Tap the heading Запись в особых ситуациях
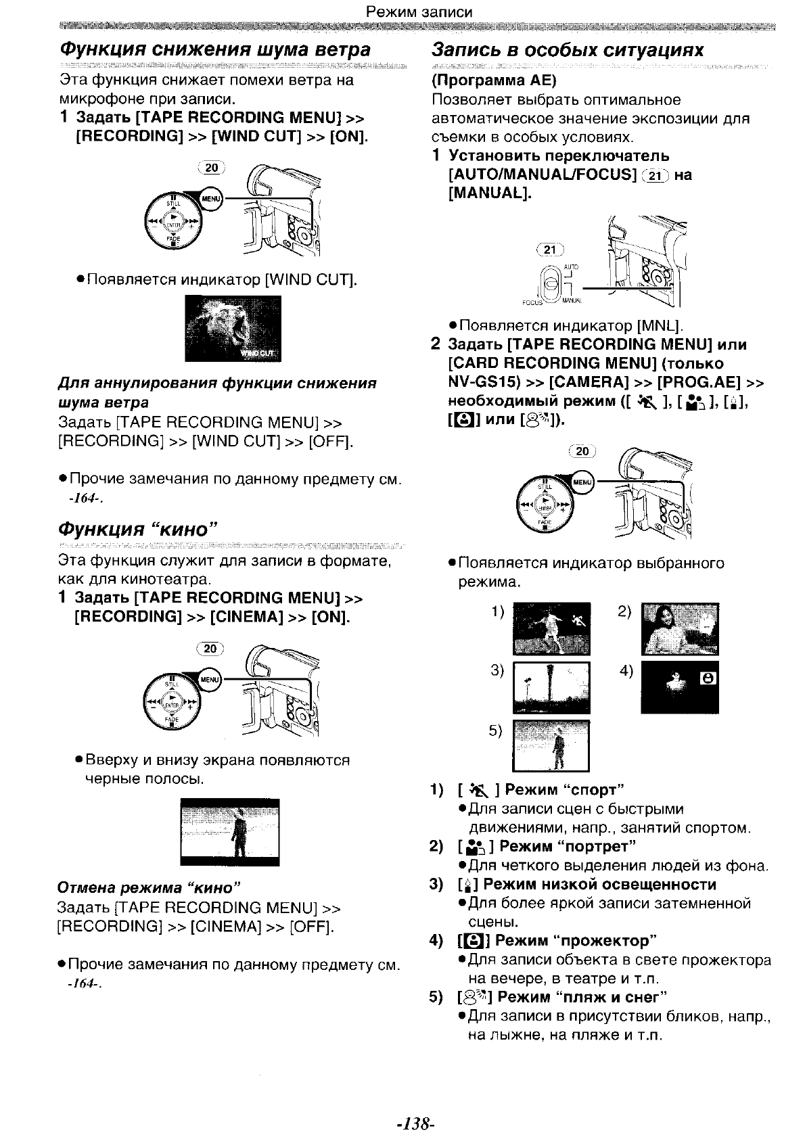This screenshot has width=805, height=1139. [x=568, y=50]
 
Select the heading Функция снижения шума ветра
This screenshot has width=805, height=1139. [x=215, y=50]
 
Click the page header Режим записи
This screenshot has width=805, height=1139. [x=419, y=11]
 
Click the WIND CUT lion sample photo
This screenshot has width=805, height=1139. [x=233, y=329]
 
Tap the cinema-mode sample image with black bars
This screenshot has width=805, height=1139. [x=230, y=832]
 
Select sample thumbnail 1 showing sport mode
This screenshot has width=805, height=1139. [x=551, y=628]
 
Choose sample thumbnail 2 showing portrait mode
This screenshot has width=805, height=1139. [x=680, y=628]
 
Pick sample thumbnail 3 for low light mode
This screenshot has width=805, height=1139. [x=551, y=688]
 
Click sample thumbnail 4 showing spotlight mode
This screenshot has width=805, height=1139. [x=680, y=688]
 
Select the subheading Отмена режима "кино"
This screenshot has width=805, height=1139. [x=149, y=887]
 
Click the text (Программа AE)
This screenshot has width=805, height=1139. [x=494, y=80]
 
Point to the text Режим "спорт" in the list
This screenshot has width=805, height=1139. [x=564, y=790]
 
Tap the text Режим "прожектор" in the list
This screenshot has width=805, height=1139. [x=576, y=941]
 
